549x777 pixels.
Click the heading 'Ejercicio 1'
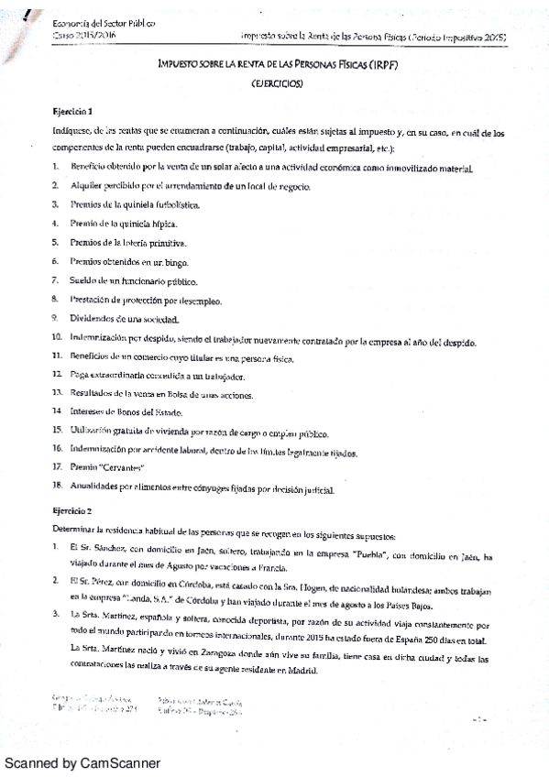click(x=72, y=111)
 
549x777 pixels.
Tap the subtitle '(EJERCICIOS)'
click(x=276, y=82)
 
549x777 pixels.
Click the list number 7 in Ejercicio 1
click(x=56, y=280)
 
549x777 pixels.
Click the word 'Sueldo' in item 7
click(x=83, y=280)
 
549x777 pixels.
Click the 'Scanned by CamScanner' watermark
click(x=82, y=762)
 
